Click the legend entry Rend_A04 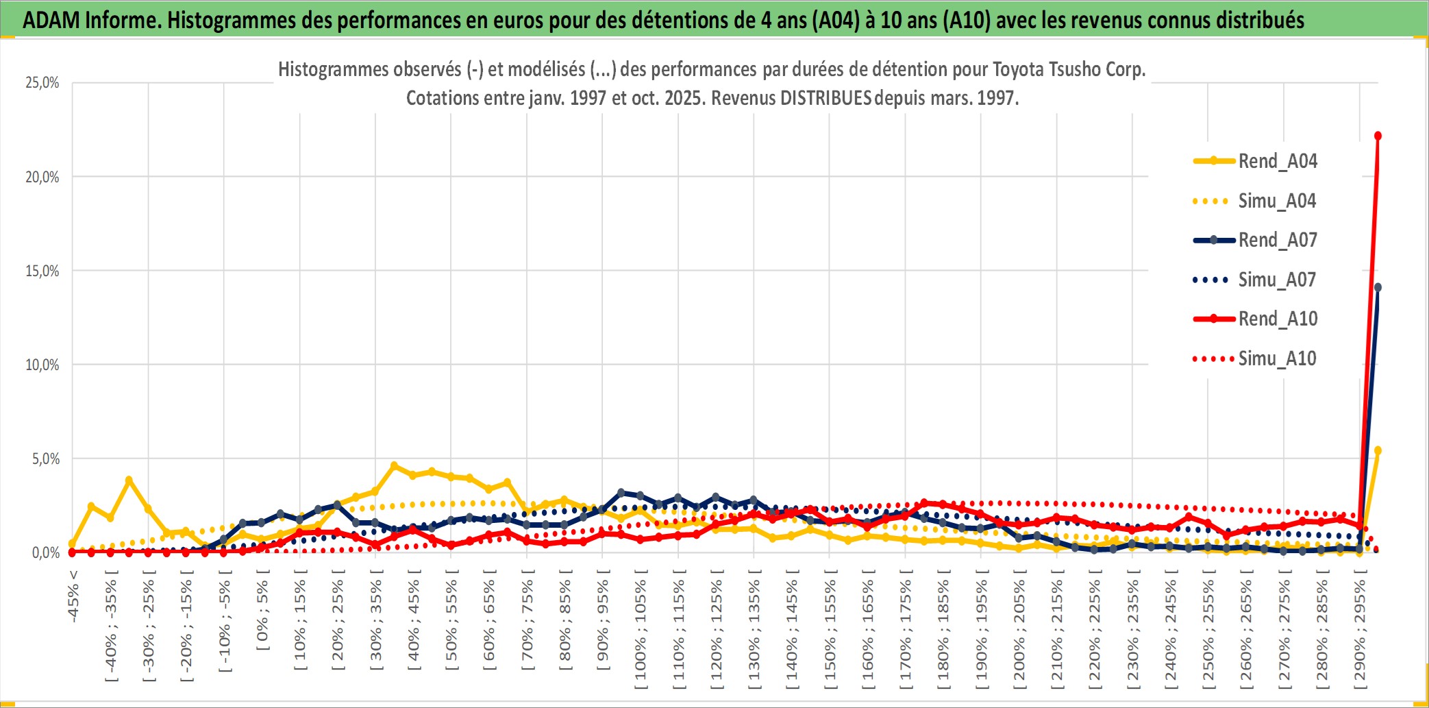click(x=1277, y=161)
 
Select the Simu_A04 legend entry click(x=1277, y=201)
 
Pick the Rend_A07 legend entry click(x=1277, y=240)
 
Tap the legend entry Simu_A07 click(x=1277, y=280)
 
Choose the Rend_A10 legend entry click(x=1277, y=319)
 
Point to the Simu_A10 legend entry click(x=1277, y=358)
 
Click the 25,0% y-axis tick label click(x=42, y=83)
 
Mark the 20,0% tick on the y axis click(x=42, y=177)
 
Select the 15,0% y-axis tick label click(x=42, y=271)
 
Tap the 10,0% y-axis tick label click(x=42, y=365)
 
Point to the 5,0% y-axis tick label click(x=46, y=459)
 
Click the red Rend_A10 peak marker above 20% click(x=1378, y=136)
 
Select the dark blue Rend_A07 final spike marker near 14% click(x=1378, y=287)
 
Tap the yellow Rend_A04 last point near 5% click(x=1378, y=450)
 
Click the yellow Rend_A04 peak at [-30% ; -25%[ click(x=129, y=480)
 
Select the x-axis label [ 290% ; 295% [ click(x=1360, y=631)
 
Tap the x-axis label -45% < click(x=73, y=596)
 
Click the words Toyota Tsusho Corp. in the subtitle click(x=1069, y=69)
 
